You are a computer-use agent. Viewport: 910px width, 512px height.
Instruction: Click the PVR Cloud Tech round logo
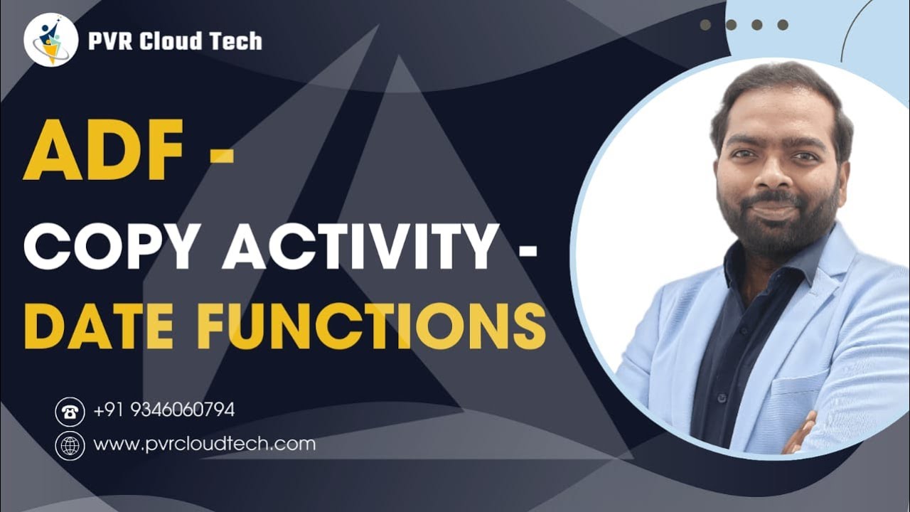point(50,40)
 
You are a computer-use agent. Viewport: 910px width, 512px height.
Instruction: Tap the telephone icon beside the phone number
point(70,411)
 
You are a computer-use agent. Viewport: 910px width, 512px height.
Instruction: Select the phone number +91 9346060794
point(164,410)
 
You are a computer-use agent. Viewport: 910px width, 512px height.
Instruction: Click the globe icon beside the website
point(70,446)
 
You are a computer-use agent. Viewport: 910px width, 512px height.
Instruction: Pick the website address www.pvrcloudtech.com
point(204,444)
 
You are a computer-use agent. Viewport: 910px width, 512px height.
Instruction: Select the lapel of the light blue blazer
point(825,299)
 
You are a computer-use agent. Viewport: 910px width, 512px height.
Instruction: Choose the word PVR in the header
point(107,41)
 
